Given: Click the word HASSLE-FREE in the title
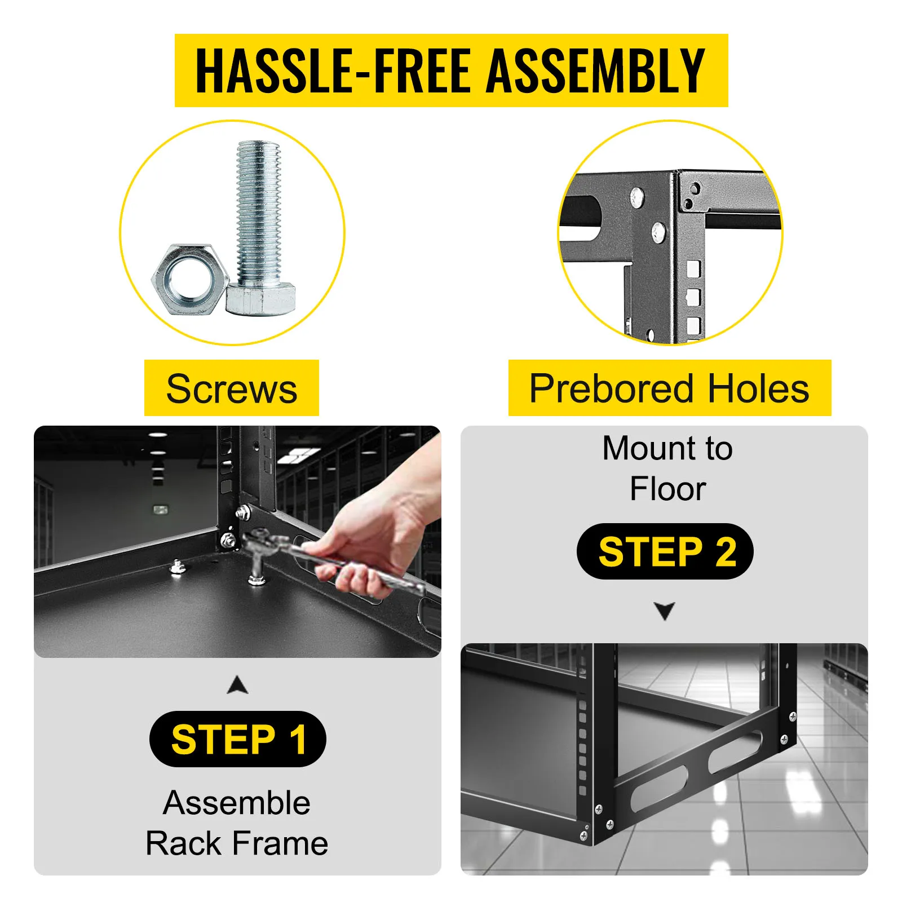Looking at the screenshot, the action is pyautogui.click(x=333, y=70).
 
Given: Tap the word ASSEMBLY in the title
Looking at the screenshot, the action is pyautogui.click(x=596, y=70).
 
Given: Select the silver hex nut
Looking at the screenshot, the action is pyautogui.click(x=189, y=279).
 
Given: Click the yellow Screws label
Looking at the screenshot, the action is pyautogui.click(x=232, y=388).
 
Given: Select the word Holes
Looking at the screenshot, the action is pyautogui.click(x=759, y=388).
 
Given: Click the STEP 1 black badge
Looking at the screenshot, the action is pyautogui.click(x=238, y=739).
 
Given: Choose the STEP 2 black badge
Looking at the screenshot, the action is pyautogui.click(x=665, y=551).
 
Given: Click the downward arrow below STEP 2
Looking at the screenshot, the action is pyautogui.click(x=665, y=611).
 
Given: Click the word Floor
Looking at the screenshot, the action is pyautogui.click(x=667, y=489).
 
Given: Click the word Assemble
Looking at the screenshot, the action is pyautogui.click(x=237, y=803).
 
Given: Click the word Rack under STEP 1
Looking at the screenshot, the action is pyautogui.click(x=184, y=843).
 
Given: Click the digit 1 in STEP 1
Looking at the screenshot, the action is pyautogui.click(x=298, y=739).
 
